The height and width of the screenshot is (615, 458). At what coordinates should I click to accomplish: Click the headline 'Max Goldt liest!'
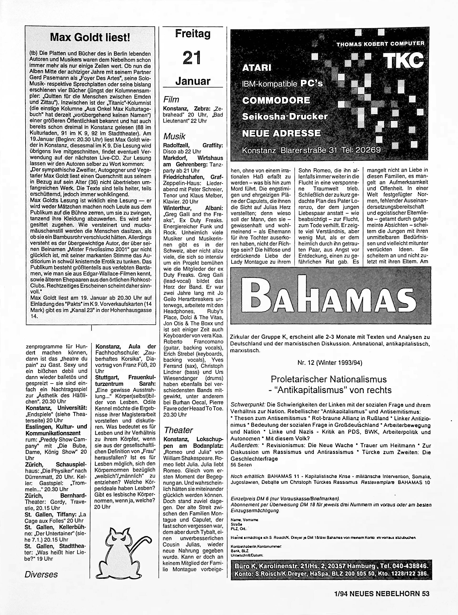(x=90, y=37)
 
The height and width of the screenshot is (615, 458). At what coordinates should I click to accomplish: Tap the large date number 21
(x=192, y=58)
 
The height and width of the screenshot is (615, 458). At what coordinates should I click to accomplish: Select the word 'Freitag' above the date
(x=193, y=34)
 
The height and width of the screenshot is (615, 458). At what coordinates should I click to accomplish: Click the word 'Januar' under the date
(x=193, y=81)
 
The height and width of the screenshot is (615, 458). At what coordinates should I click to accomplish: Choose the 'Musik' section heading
(x=174, y=136)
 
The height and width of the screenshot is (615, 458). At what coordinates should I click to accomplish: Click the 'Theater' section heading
(x=178, y=430)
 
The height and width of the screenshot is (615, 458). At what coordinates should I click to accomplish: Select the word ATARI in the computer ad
(x=257, y=68)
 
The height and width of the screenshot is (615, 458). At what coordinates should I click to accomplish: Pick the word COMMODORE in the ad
(x=276, y=100)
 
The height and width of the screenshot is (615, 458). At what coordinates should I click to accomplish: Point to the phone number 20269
(x=367, y=150)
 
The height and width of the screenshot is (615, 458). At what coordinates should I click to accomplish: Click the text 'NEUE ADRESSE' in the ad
(x=281, y=133)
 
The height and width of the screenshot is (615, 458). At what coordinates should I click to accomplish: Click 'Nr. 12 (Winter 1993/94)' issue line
(x=330, y=363)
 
